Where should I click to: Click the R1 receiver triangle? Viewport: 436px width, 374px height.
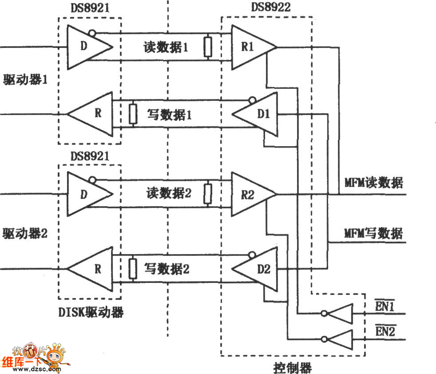click(251, 47)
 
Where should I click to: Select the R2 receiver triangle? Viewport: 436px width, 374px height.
click(251, 194)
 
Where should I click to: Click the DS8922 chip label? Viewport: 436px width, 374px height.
click(271, 8)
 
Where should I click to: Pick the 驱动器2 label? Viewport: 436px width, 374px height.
click(26, 234)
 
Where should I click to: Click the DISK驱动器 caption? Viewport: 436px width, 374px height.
click(90, 312)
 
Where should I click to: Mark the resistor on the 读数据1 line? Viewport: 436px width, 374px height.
click(208, 47)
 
